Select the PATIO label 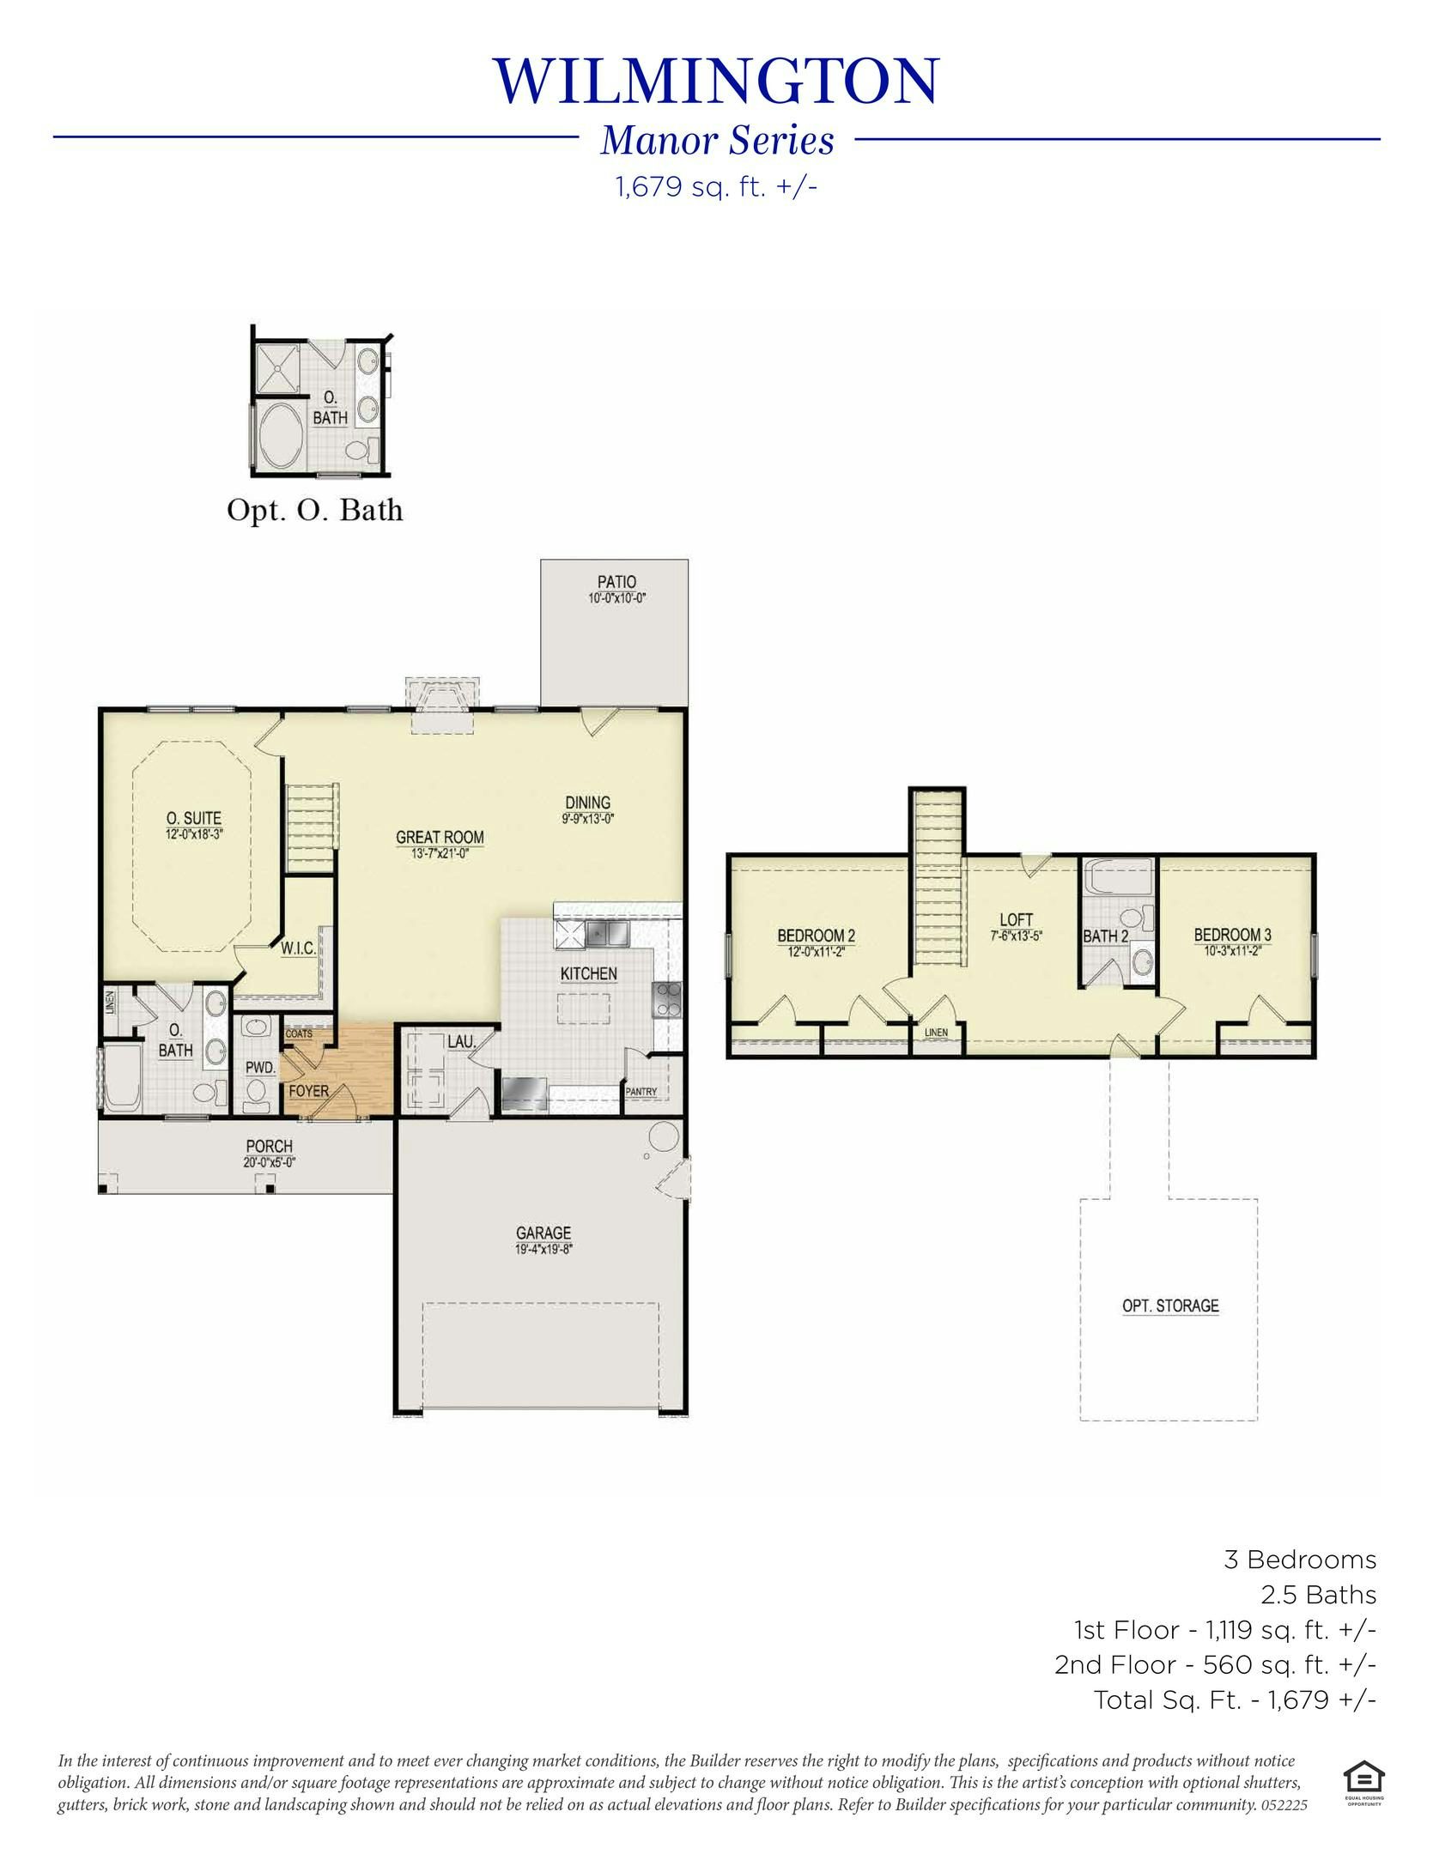tap(616, 582)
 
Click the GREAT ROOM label tap(439, 837)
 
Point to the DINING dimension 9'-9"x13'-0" tap(588, 818)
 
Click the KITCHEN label tap(588, 973)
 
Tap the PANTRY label tap(641, 1092)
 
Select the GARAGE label tap(543, 1233)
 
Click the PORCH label tap(269, 1146)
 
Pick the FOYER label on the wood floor tap(308, 1092)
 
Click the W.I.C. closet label tap(298, 949)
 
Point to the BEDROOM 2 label tap(816, 936)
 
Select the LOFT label tap(1016, 920)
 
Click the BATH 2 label tap(1105, 936)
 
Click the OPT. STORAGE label tap(1170, 1306)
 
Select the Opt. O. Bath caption tap(314, 510)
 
